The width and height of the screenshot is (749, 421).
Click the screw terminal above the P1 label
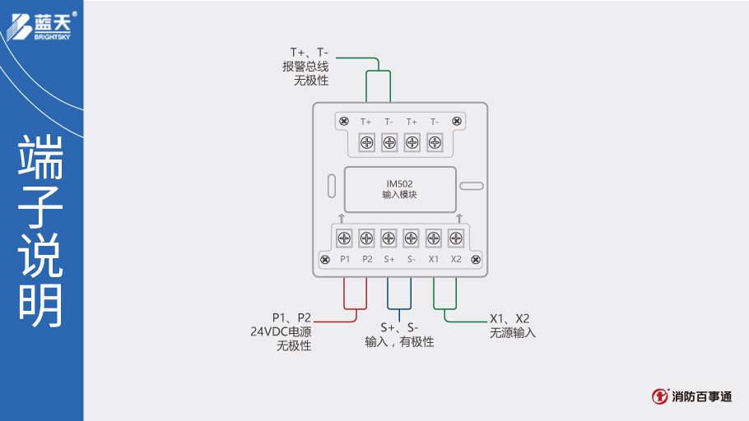pyautogui.click(x=345, y=238)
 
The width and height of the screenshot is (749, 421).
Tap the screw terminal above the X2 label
pyautogui.click(x=456, y=238)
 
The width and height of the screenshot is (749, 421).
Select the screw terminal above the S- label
pyautogui.click(x=412, y=238)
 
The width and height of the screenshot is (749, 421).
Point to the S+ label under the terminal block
pyautogui.click(x=389, y=259)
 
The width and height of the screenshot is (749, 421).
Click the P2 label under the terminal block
pyautogui.click(x=367, y=259)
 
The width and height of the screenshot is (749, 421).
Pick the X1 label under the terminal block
pyautogui.click(x=434, y=259)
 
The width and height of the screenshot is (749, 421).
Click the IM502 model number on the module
pyautogui.click(x=399, y=183)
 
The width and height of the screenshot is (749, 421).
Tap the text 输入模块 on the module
pyautogui.click(x=399, y=195)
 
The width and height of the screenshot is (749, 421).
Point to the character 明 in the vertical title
pyautogui.click(x=40, y=306)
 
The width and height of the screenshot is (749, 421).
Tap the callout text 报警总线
pyautogui.click(x=305, y=67)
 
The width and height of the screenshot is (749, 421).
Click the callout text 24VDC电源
pyautogui.click(x=281, y=332)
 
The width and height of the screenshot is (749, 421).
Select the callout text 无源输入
pyautogui.click(x=512, y=333)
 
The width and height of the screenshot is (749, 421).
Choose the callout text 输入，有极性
pyautogui.click(x=399, y=341)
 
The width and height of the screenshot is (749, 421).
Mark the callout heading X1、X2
pyautogui.click(x=509, y=318)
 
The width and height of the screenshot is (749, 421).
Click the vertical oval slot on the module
pyautogui.click(x=330, y=184)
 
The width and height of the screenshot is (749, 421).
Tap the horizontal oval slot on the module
pyautogui.click(x=471, y=186)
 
